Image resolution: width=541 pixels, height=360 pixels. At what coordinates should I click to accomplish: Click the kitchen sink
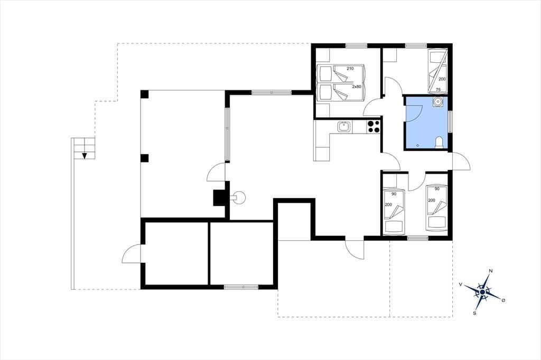pos(343,127)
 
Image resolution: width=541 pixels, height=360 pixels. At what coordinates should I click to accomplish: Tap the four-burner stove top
pos(374,127)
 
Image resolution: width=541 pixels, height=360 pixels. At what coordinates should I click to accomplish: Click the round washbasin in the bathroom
pos(438,102)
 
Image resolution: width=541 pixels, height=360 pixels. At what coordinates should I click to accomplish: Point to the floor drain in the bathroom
pos(418,146)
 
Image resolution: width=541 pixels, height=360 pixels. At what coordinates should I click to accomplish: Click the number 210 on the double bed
pos(350,69)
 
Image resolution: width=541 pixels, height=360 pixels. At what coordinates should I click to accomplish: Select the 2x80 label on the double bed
pos(357,87)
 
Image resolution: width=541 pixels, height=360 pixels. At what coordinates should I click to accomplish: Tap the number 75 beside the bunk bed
pos(438,90)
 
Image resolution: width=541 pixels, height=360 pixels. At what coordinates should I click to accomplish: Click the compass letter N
pos(491,271)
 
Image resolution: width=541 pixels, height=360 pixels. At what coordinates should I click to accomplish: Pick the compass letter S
pos(475,313)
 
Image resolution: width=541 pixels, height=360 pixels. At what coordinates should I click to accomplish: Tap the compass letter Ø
pos(503,301)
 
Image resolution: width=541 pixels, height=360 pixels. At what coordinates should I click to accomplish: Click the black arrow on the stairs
pos(84,156)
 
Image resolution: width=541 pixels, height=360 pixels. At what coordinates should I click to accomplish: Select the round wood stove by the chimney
pos(238,198)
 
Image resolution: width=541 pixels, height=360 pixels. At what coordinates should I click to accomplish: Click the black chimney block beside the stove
pos(219,198)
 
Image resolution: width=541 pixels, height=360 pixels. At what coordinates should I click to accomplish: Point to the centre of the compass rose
pos(482,292)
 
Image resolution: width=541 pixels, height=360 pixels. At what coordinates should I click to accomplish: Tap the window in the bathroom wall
pos(450,121)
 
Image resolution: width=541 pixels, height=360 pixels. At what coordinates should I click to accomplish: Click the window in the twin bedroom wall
pos(418,238)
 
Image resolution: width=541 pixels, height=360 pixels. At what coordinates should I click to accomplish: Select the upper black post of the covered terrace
pos(145,94)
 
